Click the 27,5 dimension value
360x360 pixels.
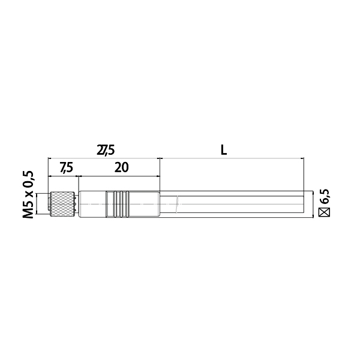coord(106,151)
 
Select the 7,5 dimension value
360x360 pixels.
coord(67,167)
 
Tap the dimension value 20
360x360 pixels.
coord(121,167)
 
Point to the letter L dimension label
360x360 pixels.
coord(224,151)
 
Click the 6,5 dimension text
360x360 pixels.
coord(325,197)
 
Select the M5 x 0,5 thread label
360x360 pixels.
coord(28,194)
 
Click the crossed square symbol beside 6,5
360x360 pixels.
coord(325,212)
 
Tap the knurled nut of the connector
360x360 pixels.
coord(62,204)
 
